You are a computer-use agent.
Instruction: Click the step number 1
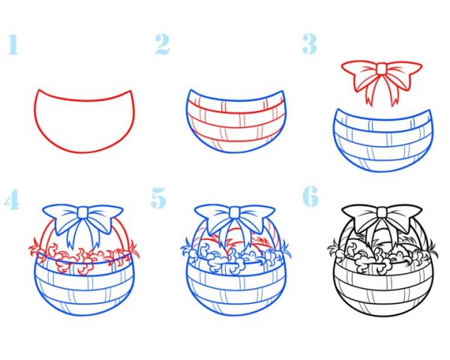coord(13,45)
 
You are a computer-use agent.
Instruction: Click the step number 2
coord(162,44)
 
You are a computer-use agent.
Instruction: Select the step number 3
coord(309,43)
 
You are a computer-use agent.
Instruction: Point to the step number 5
coord(159,198)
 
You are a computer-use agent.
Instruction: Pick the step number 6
coord(310,196)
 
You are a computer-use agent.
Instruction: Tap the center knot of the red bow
coord(382,69)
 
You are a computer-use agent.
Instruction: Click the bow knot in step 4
coord(83,212)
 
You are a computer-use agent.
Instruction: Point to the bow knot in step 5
coord(235,212)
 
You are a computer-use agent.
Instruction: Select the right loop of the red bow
coord(404,73)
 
